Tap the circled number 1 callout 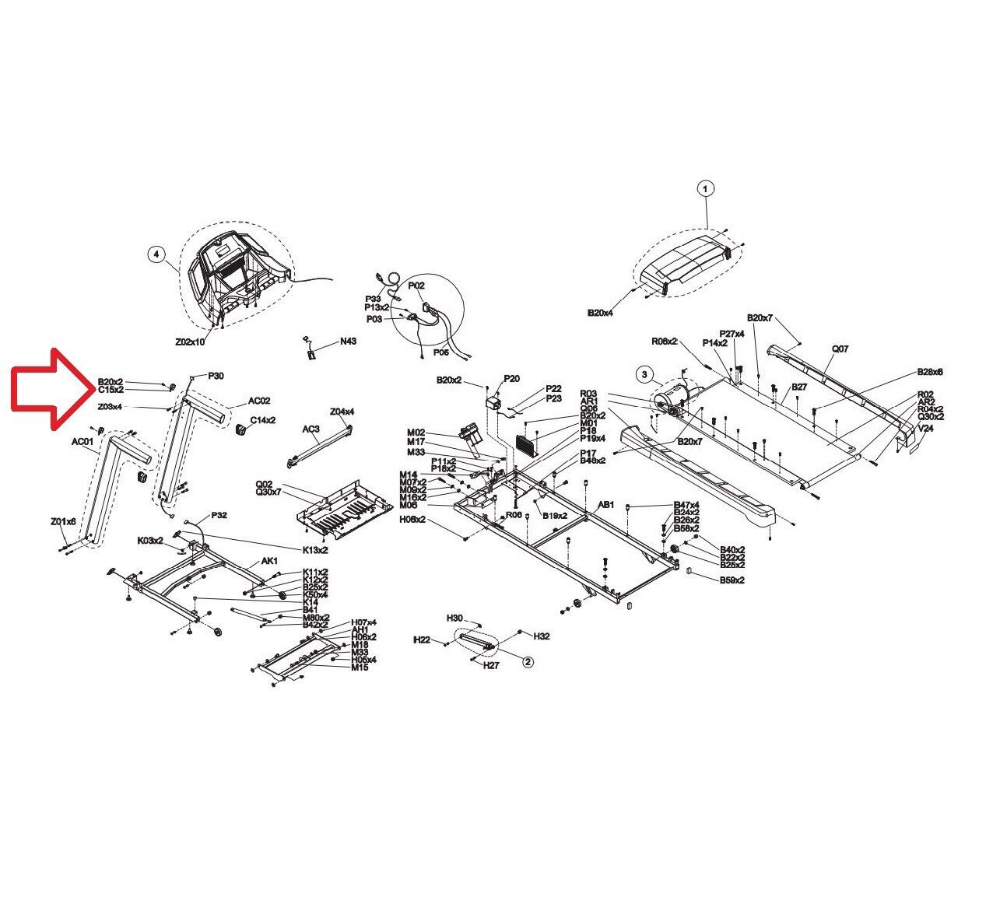tap(705, 188)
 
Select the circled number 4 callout tap(156, 254)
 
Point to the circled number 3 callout tap(644, 374)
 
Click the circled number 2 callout tap(528, 662)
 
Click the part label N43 tap(347, 342)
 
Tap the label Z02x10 tap(189, 342)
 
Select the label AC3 tap(311, 429)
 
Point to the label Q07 tap(840, 349)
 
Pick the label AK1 tap(269, 561)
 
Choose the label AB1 tap(605, 504)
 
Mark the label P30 tap(216, 376)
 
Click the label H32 tap(542, 636)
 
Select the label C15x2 tap(111, 389)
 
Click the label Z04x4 tap(342, 412)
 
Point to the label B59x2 tap(732, 580)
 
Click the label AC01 tap(83, 442)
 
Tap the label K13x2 tap(315, 549)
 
